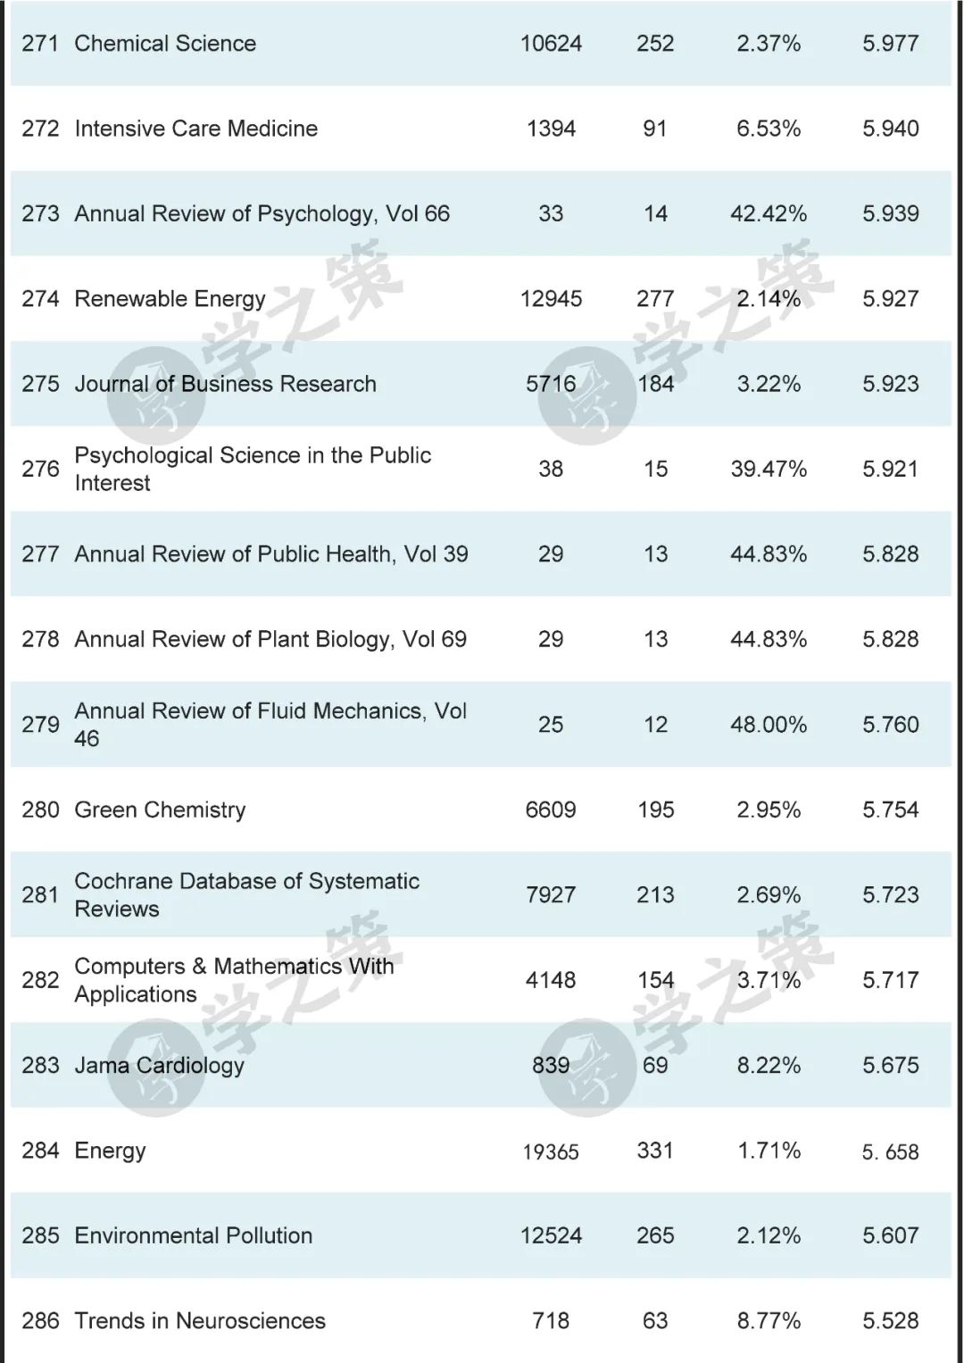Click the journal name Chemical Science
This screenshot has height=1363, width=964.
(x=165, y=44)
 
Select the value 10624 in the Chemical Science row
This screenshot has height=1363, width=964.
(x=551, y=44)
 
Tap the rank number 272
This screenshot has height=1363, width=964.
(x=40, y=129)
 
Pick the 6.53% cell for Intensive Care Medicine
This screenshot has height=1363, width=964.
(x=769, y=129)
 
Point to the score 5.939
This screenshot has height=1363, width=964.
(x=890, y=214)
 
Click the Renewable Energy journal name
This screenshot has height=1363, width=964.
(x=170, y=299)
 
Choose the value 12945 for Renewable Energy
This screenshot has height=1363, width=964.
(x=551, y=299)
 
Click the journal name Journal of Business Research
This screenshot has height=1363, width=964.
(x=225, y=384)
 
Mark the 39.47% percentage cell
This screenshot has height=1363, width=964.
(x=769, y=470)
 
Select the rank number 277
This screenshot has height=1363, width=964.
(x=40, y=554)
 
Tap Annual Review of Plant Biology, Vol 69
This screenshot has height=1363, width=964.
(x=270, y=639)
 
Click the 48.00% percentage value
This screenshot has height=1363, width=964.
(x=769, y=725)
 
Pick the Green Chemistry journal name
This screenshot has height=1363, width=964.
(x=160, y=810)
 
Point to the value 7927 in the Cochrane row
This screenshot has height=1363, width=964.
(x=551, y=895)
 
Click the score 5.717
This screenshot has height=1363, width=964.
(x=890, y=980)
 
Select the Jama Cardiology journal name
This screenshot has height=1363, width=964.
(x=159, y=1065)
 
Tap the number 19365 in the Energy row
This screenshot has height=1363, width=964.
(x=551, y=1151)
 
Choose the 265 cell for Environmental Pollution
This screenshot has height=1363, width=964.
(x=655, y=1235)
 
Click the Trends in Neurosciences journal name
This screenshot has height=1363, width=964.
(x=200, y=1321)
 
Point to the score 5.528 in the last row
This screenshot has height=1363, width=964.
(x=890, y=1321)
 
